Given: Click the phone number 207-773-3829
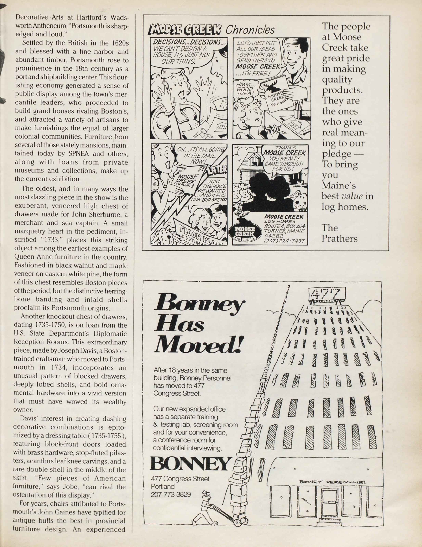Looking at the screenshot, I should point(171,495).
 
